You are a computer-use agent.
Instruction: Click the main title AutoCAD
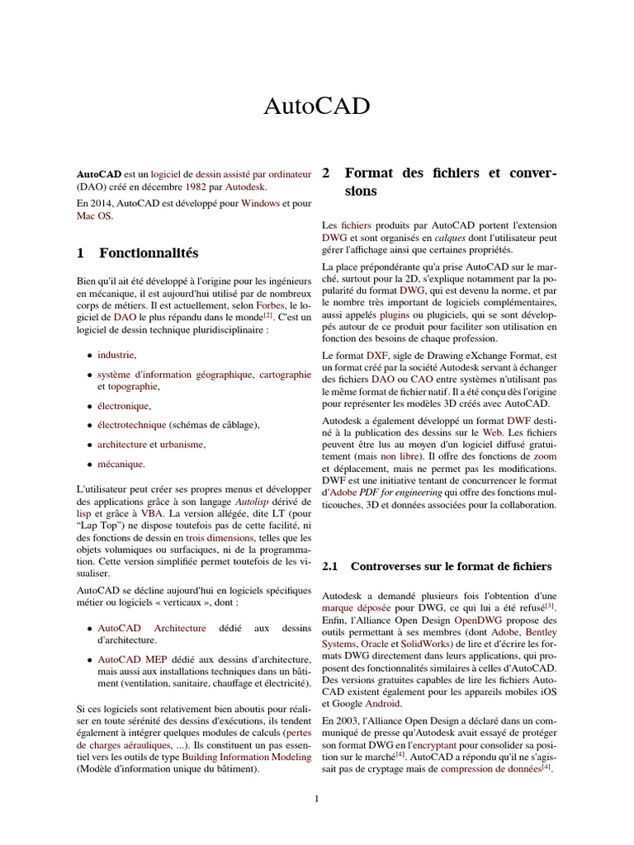point(316,106)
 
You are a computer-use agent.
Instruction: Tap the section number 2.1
point(330,566)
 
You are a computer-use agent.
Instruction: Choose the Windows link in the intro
point(260,202)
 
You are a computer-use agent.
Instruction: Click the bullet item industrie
point(116,354)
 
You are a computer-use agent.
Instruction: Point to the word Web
point(493,432)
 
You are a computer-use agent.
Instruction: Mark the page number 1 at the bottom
point(316,798)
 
